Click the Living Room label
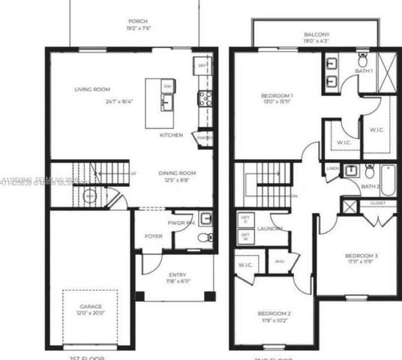(91, 89)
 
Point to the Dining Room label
(177, 173)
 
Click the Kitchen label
(172, 135)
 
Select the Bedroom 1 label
(277, 96)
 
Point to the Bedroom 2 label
(274, 313)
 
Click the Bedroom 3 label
(361, 256)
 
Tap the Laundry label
(269, 228)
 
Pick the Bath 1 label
(364, 71)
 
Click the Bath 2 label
(370, 186)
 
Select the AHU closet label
(280, 261)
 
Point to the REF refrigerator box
(202, 65)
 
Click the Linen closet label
(332, 169)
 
